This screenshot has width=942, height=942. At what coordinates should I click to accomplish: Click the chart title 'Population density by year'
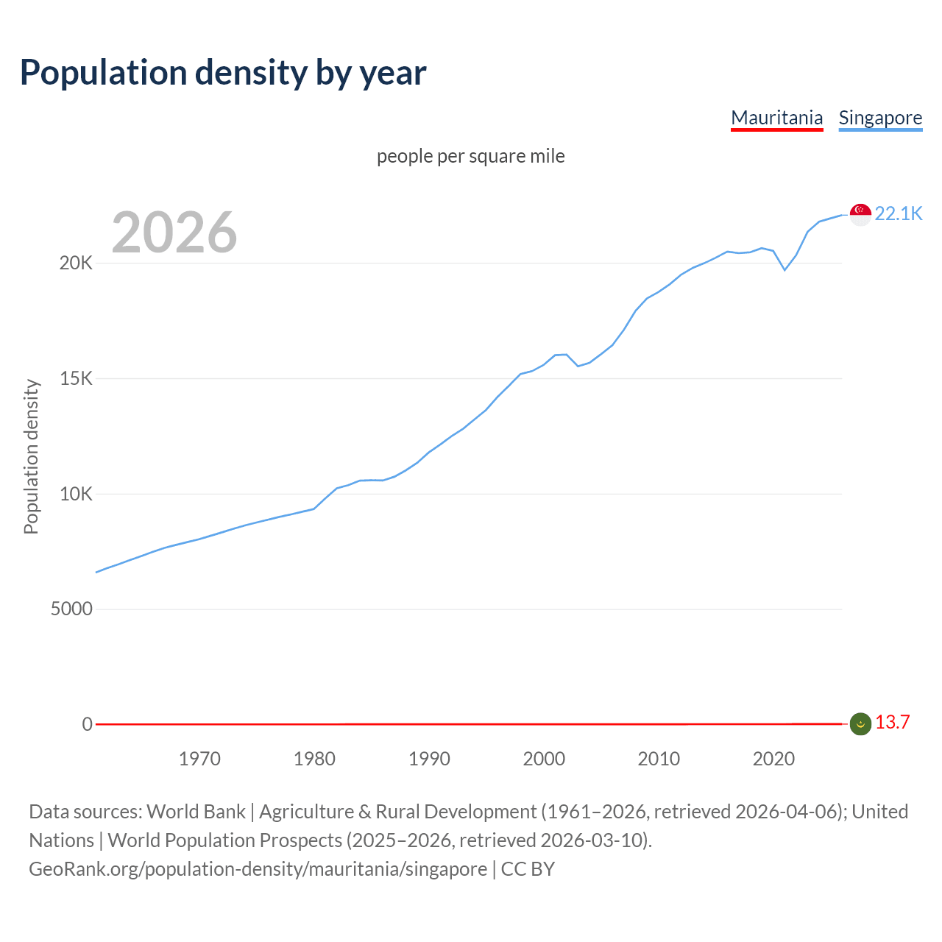pos(223,73)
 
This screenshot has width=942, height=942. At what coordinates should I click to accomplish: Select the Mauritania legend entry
pos(776,118)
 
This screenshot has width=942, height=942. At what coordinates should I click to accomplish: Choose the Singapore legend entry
pos(880,118)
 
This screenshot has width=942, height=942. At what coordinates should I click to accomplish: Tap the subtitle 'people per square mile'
pos(470,156)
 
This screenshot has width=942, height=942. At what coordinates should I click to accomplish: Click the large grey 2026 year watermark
pos(174,233)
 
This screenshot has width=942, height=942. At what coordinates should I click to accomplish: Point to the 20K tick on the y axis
pos(76,263)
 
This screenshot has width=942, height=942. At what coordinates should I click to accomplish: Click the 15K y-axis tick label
pos(76,379)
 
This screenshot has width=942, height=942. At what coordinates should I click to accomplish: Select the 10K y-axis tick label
pos(76,494)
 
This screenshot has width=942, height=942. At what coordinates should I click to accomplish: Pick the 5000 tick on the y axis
pos(71,609)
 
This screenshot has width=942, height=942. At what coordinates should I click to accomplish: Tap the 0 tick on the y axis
pos(88,724)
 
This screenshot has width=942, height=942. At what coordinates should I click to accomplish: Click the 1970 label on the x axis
pos(199,759)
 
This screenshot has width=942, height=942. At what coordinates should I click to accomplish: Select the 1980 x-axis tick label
pos(314,759)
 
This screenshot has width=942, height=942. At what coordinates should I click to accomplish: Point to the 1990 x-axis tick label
pos(429,759)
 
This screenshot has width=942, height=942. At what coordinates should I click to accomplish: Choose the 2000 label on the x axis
pos(544,759)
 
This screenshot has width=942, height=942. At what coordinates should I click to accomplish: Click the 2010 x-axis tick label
pos(659,759)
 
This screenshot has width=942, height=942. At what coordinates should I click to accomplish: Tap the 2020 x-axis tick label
pos(773,759)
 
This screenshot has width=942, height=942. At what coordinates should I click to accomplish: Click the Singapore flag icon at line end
pos(860,214)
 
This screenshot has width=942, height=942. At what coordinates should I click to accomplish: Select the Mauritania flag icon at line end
pos(860,724)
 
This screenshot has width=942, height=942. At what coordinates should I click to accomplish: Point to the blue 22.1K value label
pos(899,213)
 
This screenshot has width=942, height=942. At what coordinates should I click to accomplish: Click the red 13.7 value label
pos(892,722)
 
